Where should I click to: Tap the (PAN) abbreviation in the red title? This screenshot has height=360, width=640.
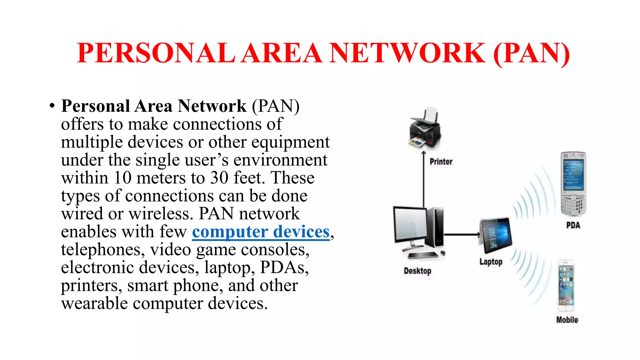[x=531, y=54]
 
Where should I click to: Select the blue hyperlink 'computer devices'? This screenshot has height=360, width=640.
[x=261, y=232]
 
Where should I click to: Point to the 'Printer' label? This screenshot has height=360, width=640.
[x=441, y=162]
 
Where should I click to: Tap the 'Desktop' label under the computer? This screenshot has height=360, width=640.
[x=417, y=271]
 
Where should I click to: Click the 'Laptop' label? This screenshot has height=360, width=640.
[x=491, y=262]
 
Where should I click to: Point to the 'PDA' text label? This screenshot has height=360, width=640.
[x=573, y=225]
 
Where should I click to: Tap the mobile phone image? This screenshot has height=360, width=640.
[x=566, y=285]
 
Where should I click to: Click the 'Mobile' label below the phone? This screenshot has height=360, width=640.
[x=567, y=320]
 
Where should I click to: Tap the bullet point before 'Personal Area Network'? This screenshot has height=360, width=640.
[x=52, y=106]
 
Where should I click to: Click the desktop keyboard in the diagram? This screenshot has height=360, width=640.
[x=423, y=255]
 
